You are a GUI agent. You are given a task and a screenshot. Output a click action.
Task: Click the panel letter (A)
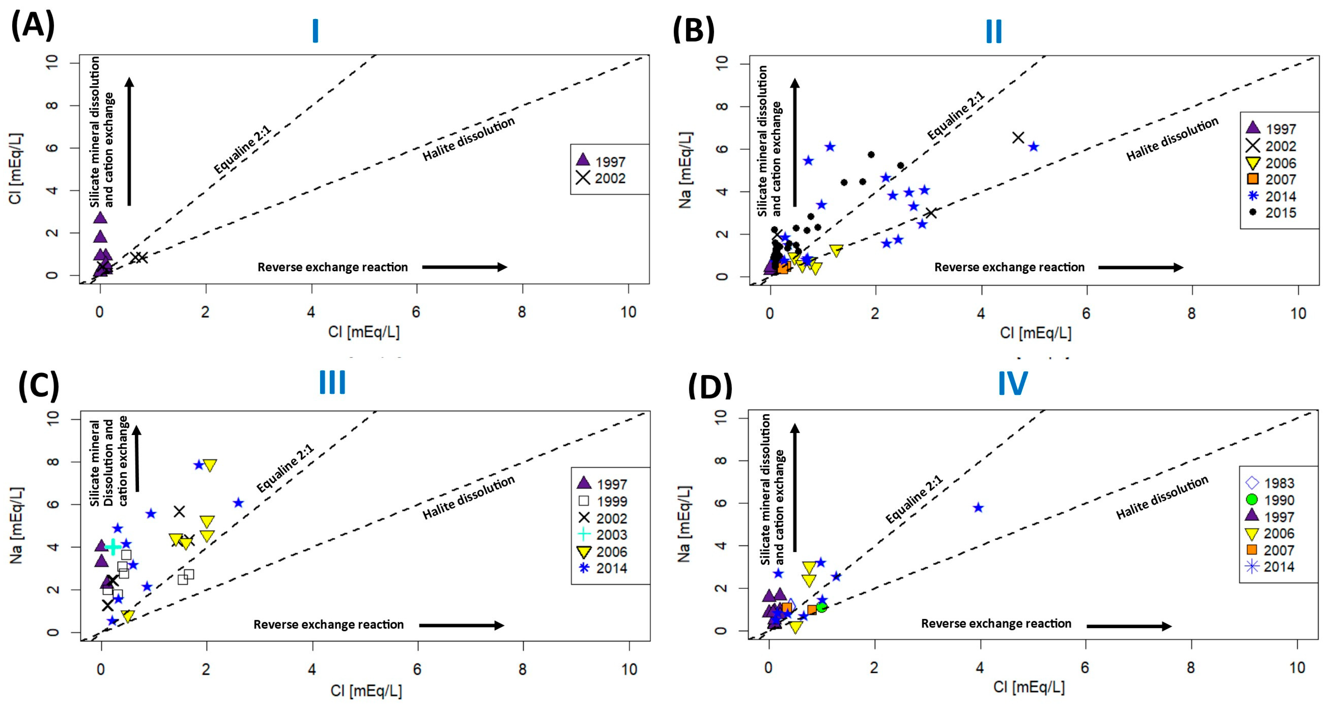pyautogui.click(x=32, y=26)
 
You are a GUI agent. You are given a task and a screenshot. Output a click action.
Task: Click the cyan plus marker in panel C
pyautogui.click(x=113, y=547)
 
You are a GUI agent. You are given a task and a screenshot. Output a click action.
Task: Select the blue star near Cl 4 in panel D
pyautogui.click(x=978, y=508)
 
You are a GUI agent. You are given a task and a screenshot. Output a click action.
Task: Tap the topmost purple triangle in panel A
pyautogui.click(x=100, y=217)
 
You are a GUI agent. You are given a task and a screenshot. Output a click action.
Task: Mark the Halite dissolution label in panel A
pyautogui.click(x=468, y=138)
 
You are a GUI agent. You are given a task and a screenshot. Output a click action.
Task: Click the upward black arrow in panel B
pyautogui.click(x=795, y=142)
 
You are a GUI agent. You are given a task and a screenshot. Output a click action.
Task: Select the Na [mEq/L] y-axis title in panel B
pyautogui.click(x=685, y=170)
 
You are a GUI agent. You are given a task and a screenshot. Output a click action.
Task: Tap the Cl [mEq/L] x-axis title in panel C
pyautogui.click(x=366, y=691)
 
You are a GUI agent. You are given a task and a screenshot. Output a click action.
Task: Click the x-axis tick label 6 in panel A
pyautogui.click(x=416, y=312)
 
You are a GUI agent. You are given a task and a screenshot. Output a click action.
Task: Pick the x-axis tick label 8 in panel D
pyautogui.click(x=1191, y=668)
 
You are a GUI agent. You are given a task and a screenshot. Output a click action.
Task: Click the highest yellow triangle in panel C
pyautogui.click(x=209, y=465)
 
